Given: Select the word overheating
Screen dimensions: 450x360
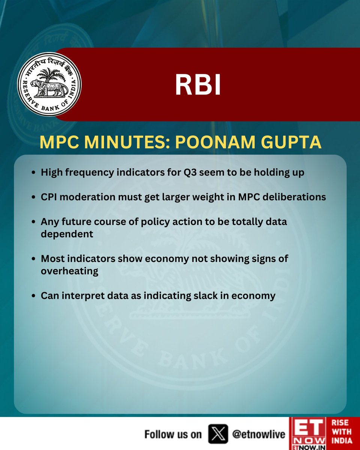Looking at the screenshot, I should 69,271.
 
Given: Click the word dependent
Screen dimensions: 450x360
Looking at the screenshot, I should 67,234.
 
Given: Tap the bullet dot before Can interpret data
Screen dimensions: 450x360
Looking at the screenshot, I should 34,296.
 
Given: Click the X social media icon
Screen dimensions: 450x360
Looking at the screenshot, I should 218,434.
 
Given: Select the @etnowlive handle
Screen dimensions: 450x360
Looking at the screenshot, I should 258,434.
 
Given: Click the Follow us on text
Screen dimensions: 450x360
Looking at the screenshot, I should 173,434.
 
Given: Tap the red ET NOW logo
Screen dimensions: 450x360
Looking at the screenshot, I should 308,433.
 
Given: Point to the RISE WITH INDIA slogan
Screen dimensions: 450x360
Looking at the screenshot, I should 341,433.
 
